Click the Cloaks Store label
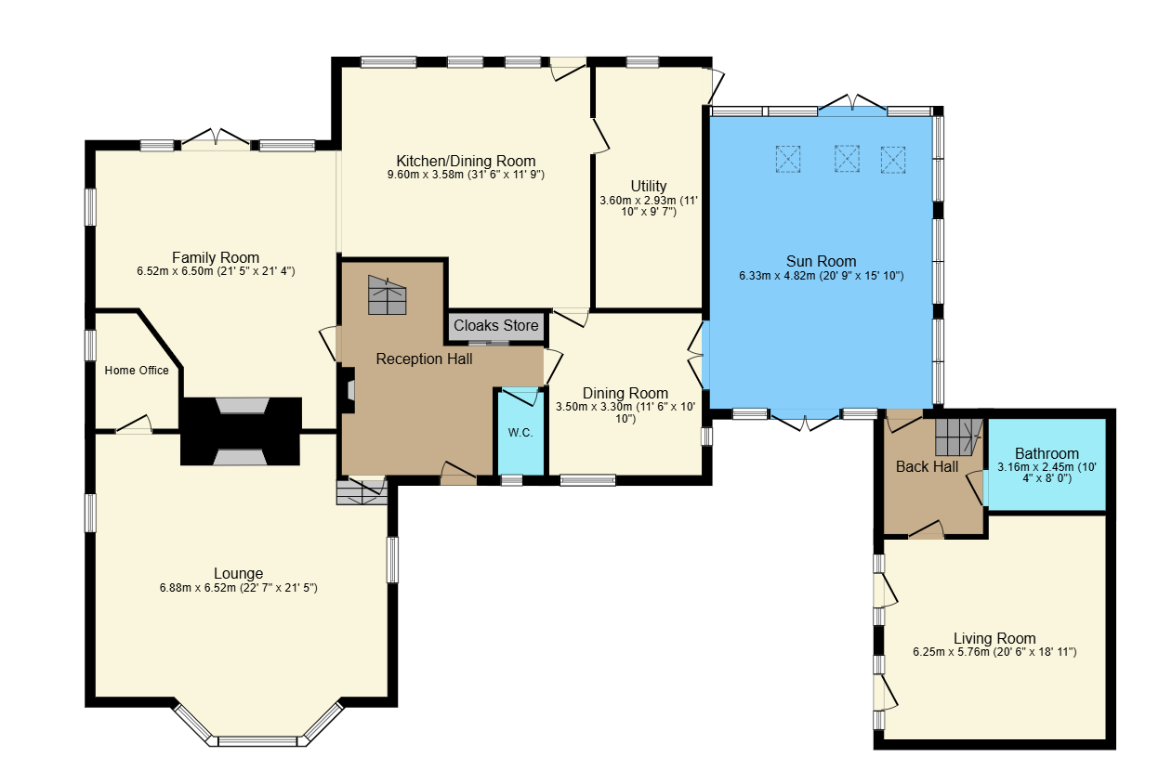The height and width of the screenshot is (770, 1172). point(495,326)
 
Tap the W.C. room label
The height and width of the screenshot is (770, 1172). point(520,433)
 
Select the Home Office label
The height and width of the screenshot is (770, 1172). point(137,371)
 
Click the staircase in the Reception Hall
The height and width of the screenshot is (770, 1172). point(388,294)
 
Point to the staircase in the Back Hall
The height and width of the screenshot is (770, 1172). point(958,436)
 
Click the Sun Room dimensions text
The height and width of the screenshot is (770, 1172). point(821,276)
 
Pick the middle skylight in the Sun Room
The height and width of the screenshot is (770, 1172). point(847,159)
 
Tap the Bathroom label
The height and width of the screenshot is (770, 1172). point(1047,453)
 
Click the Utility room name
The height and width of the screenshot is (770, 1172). point(648,186)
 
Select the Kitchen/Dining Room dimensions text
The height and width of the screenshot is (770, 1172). point(466,175)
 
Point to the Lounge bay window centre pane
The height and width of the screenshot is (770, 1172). point(257,741)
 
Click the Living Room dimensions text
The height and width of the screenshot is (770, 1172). point(994,652)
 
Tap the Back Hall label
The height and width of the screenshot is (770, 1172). point(927,466)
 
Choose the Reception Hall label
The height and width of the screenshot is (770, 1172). point(424,359)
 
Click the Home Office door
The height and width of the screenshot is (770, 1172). point(134,425)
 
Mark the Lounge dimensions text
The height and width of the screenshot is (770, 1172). point(238,588)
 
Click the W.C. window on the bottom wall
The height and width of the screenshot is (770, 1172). point(512,480)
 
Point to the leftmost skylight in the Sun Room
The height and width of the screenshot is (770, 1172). point(787,159)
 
